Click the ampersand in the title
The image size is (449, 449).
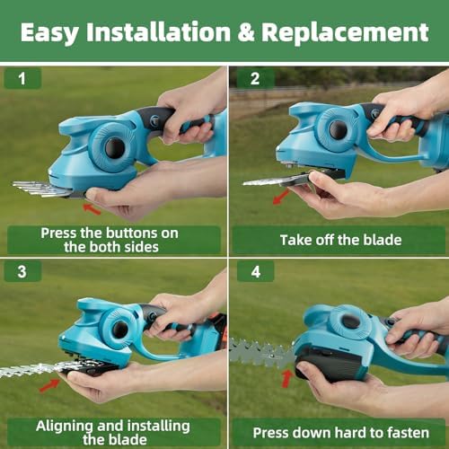coord(246,32)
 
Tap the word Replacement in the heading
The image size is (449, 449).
coord(345,32)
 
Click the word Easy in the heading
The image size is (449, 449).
coord(50,33)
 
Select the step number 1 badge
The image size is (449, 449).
coord(22,79)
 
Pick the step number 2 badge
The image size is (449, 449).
coord(255,79)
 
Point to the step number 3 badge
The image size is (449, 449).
coord(22,271)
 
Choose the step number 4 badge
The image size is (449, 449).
coord(255,271)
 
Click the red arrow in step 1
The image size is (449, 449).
coord(92,209)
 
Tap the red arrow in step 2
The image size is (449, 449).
coord(281,197)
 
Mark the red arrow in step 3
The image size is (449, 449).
coord(49,385)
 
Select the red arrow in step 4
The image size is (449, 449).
coord(287,379)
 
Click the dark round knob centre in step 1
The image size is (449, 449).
coord(115,147)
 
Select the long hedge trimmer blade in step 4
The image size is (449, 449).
coord(262,353)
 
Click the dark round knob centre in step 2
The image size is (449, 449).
coord(339,129)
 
